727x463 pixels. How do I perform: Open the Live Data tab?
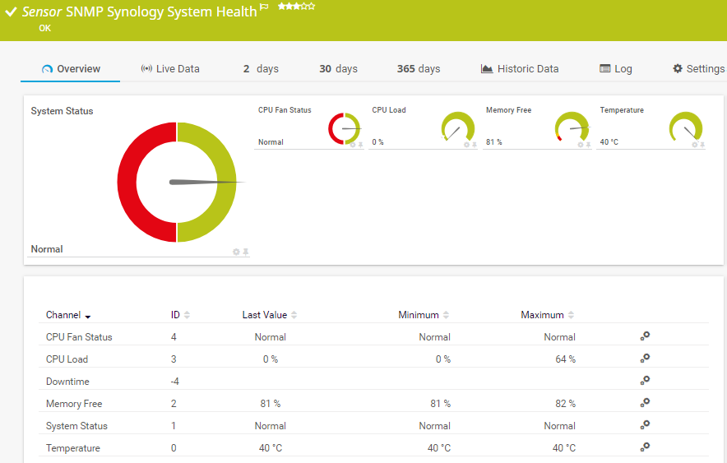pos(170,69)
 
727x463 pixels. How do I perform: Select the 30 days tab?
pos(338,69)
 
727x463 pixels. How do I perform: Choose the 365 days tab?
pos(419,69)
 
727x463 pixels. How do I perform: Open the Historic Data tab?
pos(520,69)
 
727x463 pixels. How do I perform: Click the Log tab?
pos(616,69)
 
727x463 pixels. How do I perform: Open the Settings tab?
pos(698,69)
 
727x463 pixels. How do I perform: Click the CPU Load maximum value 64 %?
pos(565,359)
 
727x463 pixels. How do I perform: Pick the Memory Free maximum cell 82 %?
pos(565,404)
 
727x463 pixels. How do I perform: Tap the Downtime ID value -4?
pos(174,382)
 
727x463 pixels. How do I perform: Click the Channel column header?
pos(63,315)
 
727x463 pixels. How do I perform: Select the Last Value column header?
pos(265,315)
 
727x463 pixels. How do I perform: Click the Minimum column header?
pos(419,315)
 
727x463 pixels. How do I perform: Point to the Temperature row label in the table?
pos(73,448)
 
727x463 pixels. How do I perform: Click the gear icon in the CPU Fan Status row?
pos(646,336)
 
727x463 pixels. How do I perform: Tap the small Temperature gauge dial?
pos(686,128)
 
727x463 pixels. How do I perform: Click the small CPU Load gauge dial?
pos(458,128)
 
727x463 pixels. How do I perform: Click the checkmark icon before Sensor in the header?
pos(11,12)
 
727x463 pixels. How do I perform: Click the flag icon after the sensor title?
pos(264,7)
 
